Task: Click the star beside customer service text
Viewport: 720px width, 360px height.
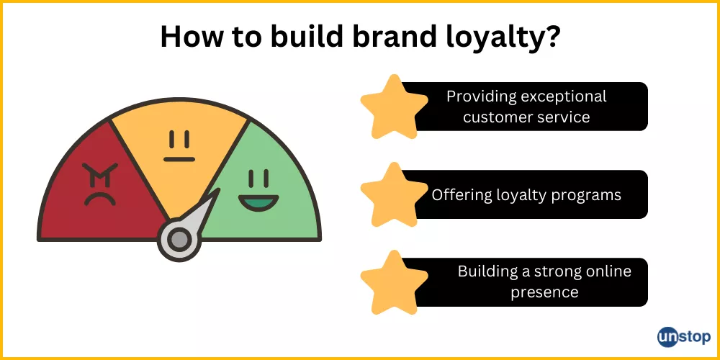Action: click(394, 107)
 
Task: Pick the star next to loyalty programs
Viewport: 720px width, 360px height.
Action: click(394, 194)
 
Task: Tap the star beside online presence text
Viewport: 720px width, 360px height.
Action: click(394, 282)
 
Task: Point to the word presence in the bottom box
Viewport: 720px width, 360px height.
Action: click(544, 292)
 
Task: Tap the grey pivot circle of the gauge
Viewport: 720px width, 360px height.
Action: click(179, 239)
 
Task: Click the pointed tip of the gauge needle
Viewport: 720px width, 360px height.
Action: click(219, 188)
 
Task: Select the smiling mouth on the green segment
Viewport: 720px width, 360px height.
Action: click(258, 202)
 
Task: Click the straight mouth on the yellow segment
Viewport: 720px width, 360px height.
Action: click(179, 159)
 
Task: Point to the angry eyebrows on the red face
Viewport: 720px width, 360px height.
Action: click(100, 173)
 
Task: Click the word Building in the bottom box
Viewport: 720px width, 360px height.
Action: click(485, 272)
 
